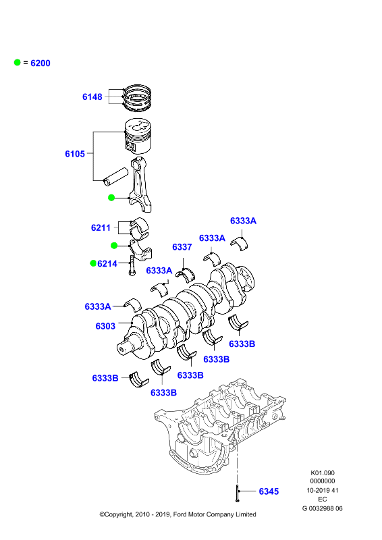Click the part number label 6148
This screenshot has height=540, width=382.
point(92,97)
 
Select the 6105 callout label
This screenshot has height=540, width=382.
point(75,154)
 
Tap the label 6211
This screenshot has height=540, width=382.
point(101,227)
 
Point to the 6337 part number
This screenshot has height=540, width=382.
point(182,247)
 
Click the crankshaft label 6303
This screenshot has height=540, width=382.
point(105,326)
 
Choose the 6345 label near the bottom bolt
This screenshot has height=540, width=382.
point(269,491)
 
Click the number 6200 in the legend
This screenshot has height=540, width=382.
point(40,63)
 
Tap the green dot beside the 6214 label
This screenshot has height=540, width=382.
point(93,263)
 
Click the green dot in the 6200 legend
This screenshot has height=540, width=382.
point(18,62)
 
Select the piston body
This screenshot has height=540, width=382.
point(138,136)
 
